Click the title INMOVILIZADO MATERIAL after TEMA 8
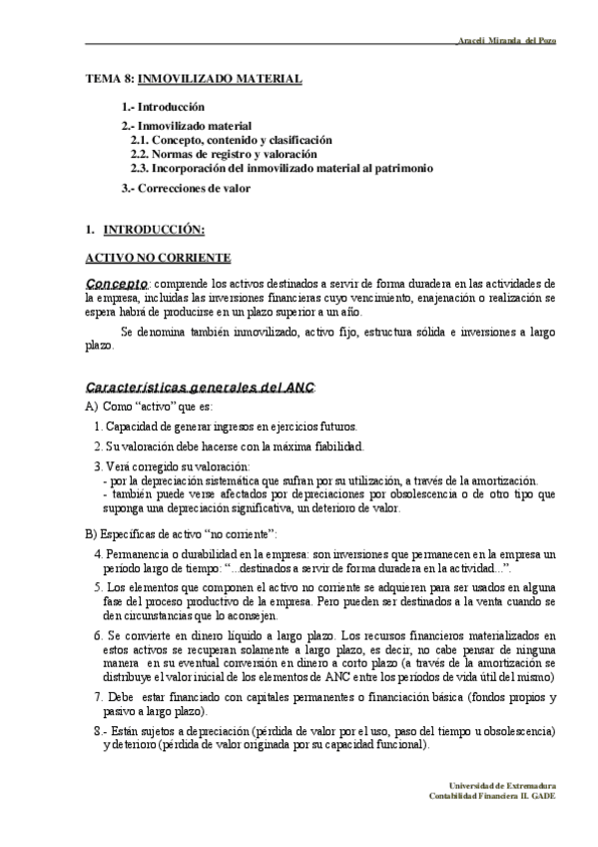(x=219, y=77)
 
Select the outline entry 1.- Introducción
(x=163, y=106)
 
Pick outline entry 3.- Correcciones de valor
(x=186, y=188)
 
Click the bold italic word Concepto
(x=118, y=284)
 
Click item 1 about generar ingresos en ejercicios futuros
(x=225, y=426)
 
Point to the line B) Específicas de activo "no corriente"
(x=182, y=533)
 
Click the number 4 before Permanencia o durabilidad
(x=97, y=553)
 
